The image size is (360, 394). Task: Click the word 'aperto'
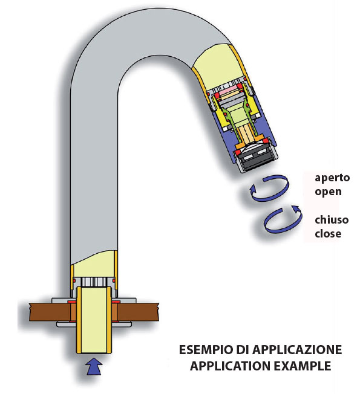(332, 178)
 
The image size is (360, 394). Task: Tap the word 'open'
(328, 192)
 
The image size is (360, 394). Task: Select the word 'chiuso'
(332, 220)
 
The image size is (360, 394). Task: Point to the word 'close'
(328, 234)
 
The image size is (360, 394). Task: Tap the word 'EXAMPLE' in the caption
(303, 366)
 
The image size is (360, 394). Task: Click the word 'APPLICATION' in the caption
(230, 366)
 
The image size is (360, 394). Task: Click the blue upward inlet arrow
(94, 366)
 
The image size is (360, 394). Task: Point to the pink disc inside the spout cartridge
(229, 90)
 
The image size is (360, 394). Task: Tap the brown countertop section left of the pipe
(50, 312)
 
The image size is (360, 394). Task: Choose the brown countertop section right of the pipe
(138, 312)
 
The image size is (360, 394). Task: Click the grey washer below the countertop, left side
(66, 324)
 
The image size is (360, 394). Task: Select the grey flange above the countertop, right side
(127, 300)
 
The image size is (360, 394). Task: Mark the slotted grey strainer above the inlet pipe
(94, 282)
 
